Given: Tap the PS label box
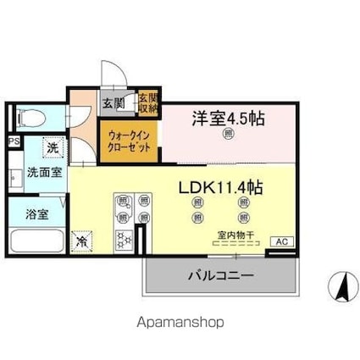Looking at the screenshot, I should (14, 141).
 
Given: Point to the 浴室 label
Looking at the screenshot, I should (36, 213).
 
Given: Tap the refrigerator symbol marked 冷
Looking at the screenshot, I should (83, 240).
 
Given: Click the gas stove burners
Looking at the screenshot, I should (125, 240).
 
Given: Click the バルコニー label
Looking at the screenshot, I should (221, 274).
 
